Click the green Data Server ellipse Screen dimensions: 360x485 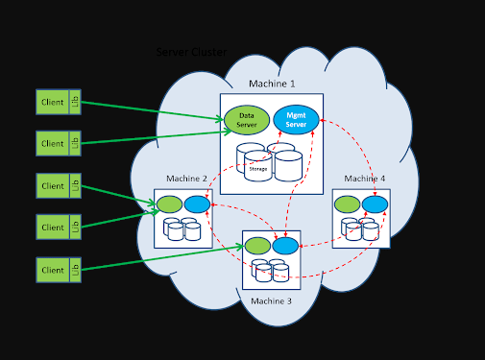click(246, 119)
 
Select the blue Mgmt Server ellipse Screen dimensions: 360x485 click(296, 119)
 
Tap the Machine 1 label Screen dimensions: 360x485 click(272, 84)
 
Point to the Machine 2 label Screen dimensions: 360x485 click(186, 179)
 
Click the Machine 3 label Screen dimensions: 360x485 click(271, 301)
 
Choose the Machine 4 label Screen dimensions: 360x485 click(365, 179)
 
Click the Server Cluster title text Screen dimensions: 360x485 click(192, 52)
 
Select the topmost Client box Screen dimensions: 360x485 click(53, 102)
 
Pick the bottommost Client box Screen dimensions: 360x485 click(53, 270)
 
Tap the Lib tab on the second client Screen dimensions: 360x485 click(76, 143)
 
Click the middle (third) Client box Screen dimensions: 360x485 click(53, 185)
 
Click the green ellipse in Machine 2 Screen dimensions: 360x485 click(169, 204)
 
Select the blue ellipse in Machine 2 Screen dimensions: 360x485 click(197, 204)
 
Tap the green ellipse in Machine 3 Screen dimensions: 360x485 click(257, 247)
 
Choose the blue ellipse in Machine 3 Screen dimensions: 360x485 click(285, 247)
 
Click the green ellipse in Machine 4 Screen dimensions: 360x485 click(348, 204)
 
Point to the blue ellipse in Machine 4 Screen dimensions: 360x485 click(376, 204)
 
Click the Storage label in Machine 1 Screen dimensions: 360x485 click(257, 169)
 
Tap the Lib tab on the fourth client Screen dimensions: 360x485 click(76, 228)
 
